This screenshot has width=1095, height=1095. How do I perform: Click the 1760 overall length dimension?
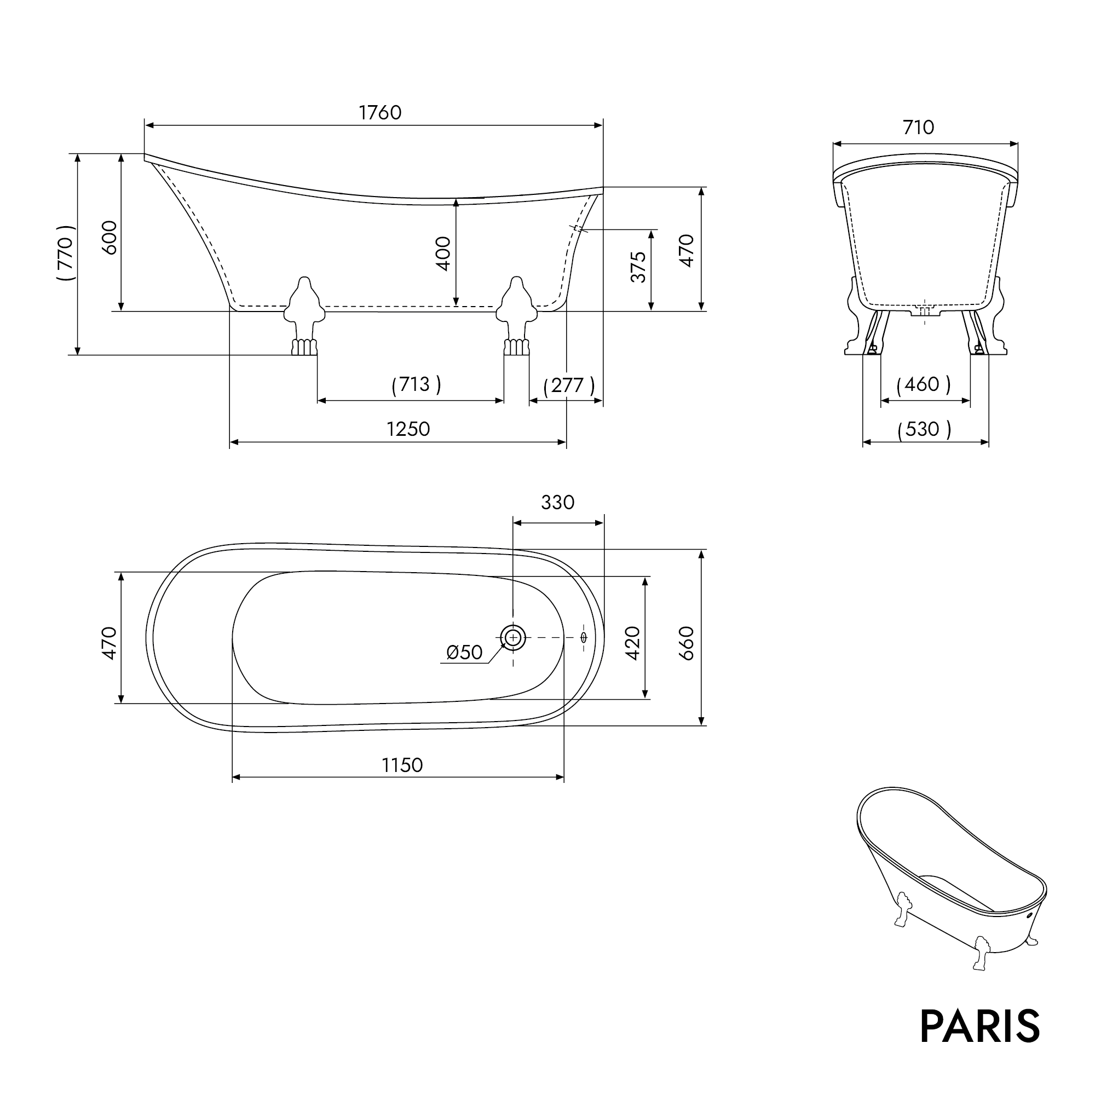[x=380, y=113]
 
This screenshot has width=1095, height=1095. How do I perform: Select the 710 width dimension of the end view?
[x=918, y=128]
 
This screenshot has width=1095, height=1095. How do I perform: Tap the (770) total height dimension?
[x=66, y=253]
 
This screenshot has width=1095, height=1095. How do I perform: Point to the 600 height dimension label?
[x=109, y=238]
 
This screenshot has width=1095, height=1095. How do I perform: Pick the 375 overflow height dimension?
[x=638, y=267]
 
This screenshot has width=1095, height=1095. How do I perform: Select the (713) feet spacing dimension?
[x=416, y=385]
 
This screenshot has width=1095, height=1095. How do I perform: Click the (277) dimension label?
[x=568, y=386]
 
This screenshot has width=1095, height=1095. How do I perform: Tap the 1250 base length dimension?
[x=408, y=429]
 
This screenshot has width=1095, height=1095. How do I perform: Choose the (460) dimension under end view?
[x=923, y=385]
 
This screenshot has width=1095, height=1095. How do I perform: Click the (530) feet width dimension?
[x=924, y=429]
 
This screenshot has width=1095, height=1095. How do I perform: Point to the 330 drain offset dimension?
[x=558, y=503]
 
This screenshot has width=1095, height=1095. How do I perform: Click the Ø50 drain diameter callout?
[x=464, y=653]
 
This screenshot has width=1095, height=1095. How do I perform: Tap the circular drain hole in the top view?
[x=513, y=638]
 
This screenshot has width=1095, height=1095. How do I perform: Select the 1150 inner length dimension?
[x=402, y=765]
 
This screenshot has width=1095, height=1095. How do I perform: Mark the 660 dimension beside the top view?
[x=687, y=643]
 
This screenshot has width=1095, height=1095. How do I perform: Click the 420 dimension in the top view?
[x=632, y=643]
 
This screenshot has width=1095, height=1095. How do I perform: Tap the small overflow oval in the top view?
[x=584, y=638]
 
